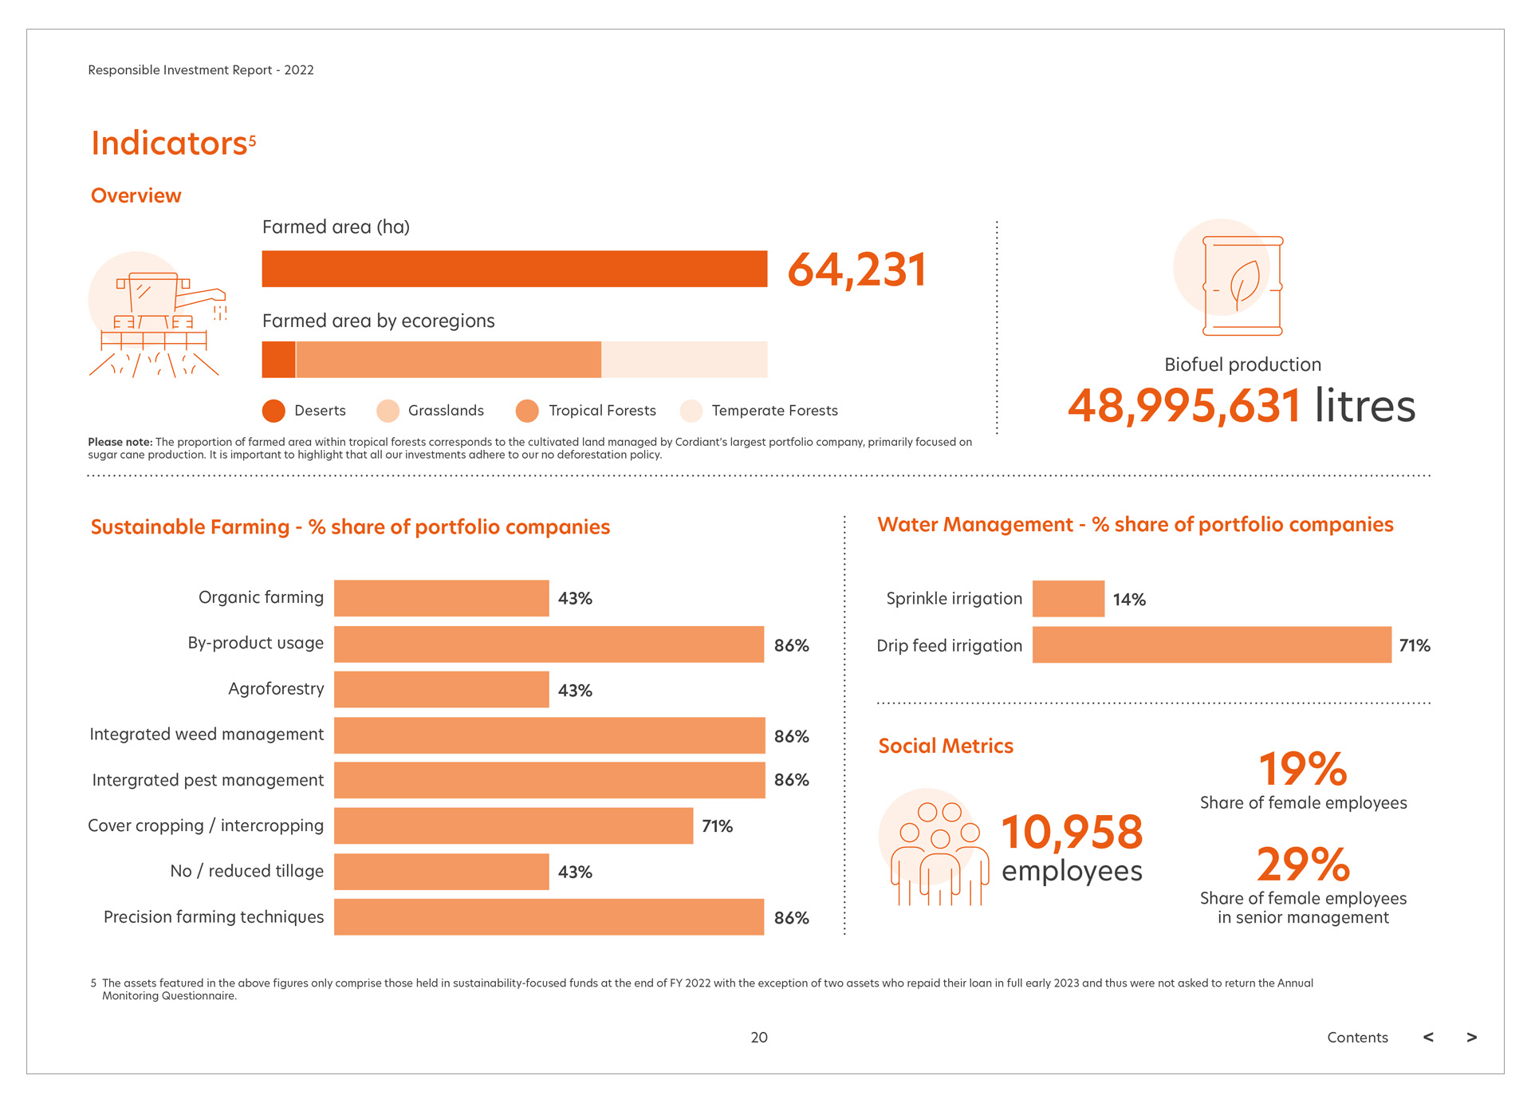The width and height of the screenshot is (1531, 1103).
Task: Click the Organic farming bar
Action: coord(441,598)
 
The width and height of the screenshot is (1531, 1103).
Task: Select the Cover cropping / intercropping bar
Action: coord(513,825)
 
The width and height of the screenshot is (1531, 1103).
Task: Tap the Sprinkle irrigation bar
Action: coord(1068,599)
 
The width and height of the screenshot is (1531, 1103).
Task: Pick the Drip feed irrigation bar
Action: coord(1211,644)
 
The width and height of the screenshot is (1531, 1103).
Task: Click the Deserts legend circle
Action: coord(274,411)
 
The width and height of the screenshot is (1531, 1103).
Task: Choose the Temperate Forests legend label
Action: coord(774,411)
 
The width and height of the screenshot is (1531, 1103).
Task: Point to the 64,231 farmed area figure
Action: coord(857,270)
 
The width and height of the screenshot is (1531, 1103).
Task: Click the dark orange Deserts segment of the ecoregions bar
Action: coord(278,360)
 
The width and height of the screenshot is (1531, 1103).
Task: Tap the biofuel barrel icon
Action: coord(1242,286)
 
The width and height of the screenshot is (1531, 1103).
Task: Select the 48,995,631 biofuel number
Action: coord(1185,406)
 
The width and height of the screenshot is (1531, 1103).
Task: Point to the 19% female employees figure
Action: coord(1303,769)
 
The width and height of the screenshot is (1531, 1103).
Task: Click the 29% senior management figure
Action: coord(1303,864)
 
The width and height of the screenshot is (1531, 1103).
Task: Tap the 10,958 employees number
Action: coord(1072,832)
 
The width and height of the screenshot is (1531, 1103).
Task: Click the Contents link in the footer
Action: coord(1357,1038)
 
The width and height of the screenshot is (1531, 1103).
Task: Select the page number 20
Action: coord(759,1038)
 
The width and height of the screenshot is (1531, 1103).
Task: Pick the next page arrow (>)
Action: coord(1471,1038)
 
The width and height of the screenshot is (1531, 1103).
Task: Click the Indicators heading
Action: coord(169,144)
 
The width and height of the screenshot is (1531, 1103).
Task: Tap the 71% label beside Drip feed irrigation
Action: coord(1415,645)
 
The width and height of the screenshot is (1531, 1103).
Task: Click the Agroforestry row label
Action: coord(276,689)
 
